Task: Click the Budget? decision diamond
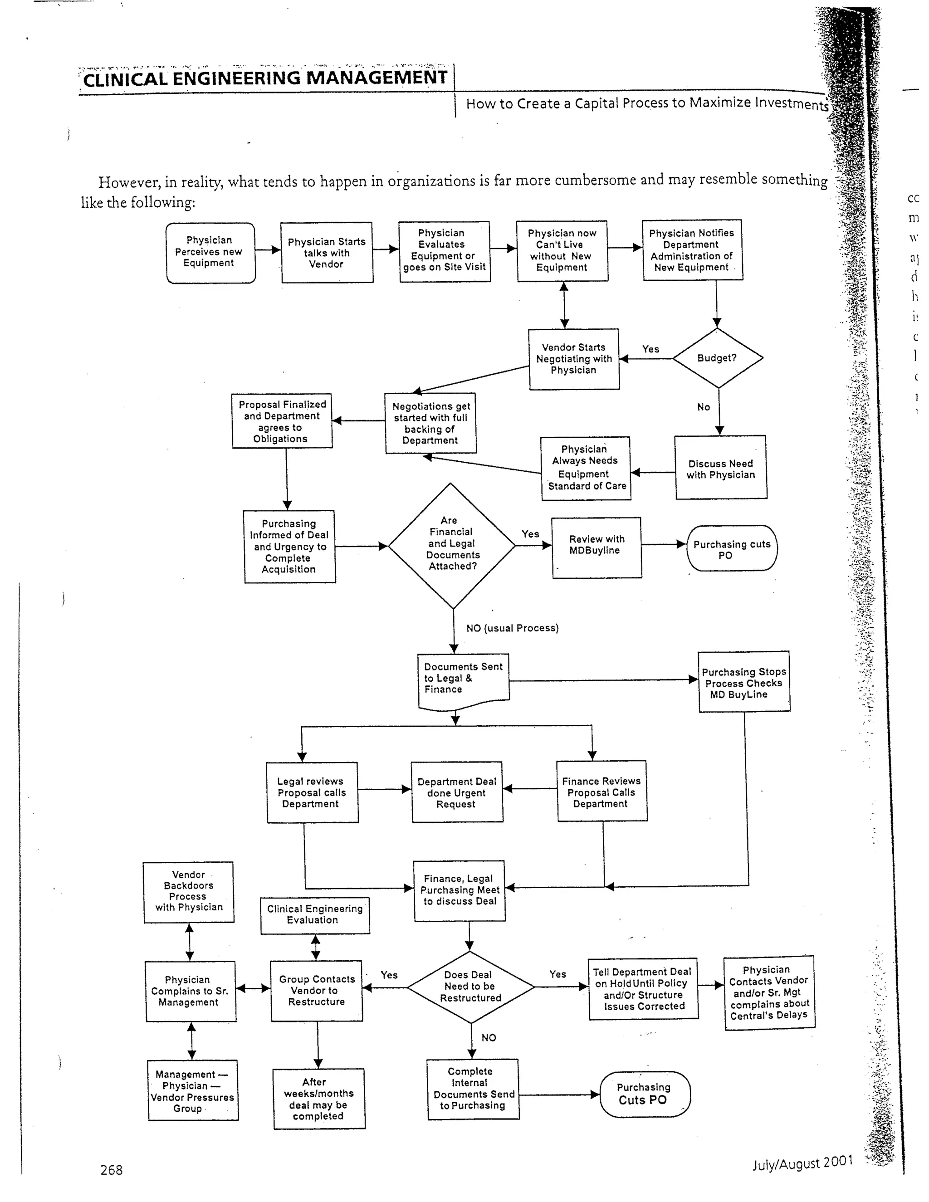(717, 358)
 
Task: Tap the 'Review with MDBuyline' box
(597, 547)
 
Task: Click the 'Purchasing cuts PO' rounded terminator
(731, 548)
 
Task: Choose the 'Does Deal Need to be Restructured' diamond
(470, 986)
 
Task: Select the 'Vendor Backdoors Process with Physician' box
(188, 892)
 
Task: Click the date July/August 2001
(802, 1163)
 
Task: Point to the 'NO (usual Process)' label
(512, 628)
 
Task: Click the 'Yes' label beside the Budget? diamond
(650, 349)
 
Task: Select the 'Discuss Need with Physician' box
(720, 469)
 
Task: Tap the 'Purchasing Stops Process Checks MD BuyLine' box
(744, 683)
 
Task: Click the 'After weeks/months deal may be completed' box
(318, 1099)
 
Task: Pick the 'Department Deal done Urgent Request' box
(457, 792)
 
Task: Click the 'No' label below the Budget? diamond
(704, 407)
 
